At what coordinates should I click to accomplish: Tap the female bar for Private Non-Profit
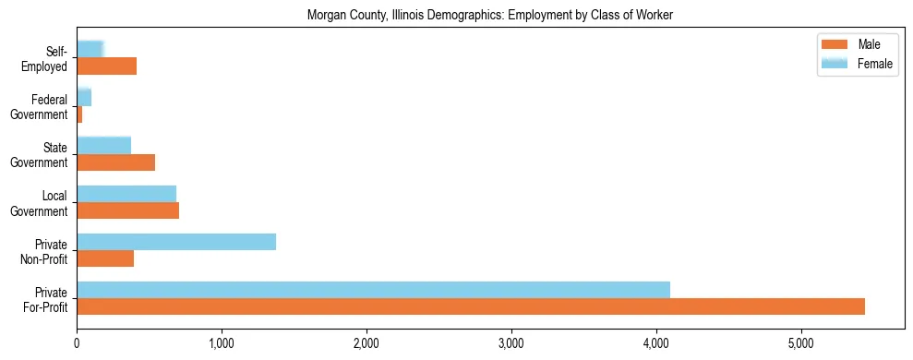pos(176,242)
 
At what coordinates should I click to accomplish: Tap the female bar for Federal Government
pos(84,97)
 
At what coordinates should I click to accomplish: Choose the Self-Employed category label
pos(49,59)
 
